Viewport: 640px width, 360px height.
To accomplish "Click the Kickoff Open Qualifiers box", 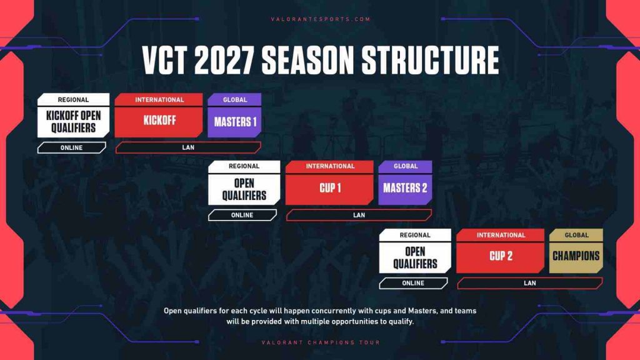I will click(x=73, y=122).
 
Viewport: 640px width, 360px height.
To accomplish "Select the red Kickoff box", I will click(x=159, y=121).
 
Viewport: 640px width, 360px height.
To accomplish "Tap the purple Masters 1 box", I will click(x=235, y=122).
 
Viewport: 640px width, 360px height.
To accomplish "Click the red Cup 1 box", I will click(x=330, y=188).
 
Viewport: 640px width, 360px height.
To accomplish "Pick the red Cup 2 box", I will click(x=501, y=256).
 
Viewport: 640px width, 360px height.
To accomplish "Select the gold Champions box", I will click(x=576, y=256).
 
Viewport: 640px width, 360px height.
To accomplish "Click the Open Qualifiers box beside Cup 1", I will click(x=244, y=189).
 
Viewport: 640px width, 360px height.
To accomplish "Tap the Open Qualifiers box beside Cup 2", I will click(x=415, y=257).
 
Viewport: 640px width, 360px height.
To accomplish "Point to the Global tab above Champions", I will click(x=576, y=235).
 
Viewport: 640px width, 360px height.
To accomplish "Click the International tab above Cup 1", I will click(x=330, y=166).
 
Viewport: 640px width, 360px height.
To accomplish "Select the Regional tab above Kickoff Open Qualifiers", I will click(x=73, y=99).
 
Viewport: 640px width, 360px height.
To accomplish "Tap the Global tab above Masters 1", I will click(x=235, y=99).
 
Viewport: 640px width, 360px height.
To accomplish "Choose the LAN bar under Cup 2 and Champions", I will click(x=529, y=283).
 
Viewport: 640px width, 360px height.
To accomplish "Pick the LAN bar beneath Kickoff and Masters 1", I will click(x=188, y=147).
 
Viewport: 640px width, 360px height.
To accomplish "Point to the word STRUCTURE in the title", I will click(x=431, y=61).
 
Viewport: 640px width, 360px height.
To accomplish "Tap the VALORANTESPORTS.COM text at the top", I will click(x=321, y=19).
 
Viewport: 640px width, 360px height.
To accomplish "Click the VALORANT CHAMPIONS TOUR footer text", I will click(x=321, y=342).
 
